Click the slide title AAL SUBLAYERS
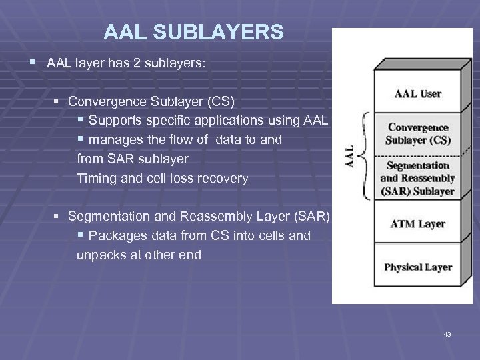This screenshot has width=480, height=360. click(x=193, y=31)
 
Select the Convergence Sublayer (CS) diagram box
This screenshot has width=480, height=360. click(x=418, y=133)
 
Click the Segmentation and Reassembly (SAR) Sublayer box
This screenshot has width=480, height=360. click(x=417, y=178)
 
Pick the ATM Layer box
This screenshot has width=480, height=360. click(x=418, y=223)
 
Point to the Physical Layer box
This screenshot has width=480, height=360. click(x=418, y=267)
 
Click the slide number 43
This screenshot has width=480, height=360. click(x=447, y=334)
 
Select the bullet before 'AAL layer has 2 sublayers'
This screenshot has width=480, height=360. click(x=33, y=63)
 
